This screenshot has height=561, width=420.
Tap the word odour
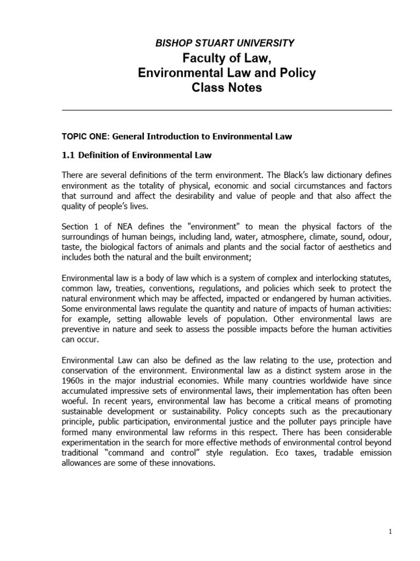(x=380, y=237)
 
